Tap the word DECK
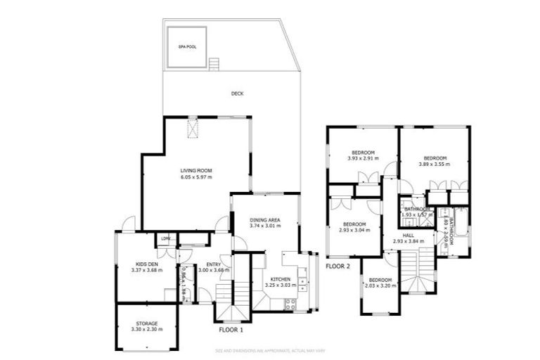pyautogui.click(x=237, y=94)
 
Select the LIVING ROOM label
pyautogui.click(x=196, y=170)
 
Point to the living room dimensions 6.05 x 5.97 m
pyautogui.click(x=196, y=176)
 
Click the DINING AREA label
pyautogui.click(x=265, y=220)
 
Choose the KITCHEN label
pyautogui.click(x=280, y=279)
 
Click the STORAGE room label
pyautogui.click(x=148, y=323)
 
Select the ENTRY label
pyautogui.click(x=214, y=264)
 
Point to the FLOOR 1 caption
pyautogui.click(x=231, y=329)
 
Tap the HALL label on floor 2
pyautogui.click(x=408, y=235)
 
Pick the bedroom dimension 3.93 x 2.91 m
pyautogui.click(x=363, y=158)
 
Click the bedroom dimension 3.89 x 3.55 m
pyautogui.click(x=435, y=164)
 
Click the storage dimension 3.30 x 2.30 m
pyautogui.click(x=148, y=329)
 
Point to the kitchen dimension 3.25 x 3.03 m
pyautogui.click(x=280, y=285)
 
